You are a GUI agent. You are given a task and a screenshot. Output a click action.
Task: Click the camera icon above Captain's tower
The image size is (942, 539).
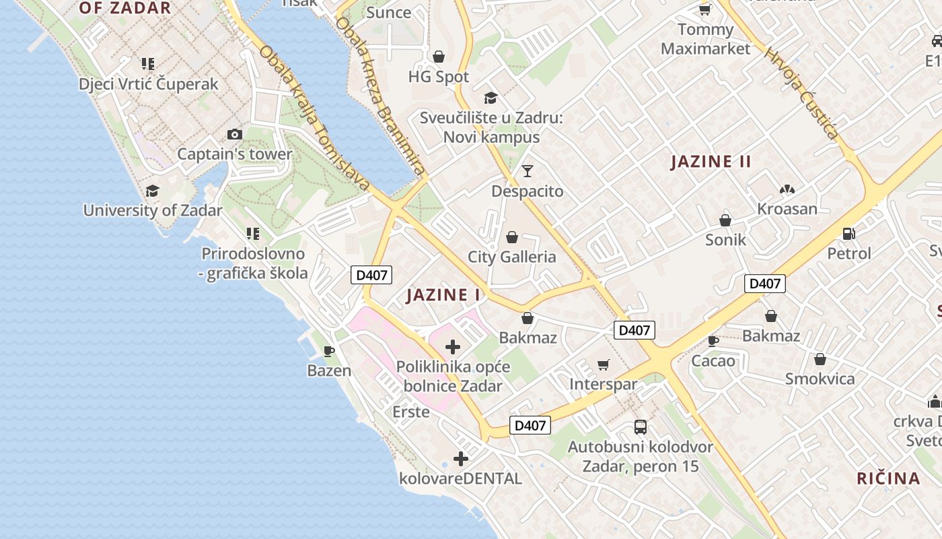click(x=235, y=134)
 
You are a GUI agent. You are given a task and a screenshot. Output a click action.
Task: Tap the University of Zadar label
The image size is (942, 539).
click(x=153, y=210)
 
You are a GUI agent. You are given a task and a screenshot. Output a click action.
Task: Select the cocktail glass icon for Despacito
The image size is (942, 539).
click(x=528, y=170)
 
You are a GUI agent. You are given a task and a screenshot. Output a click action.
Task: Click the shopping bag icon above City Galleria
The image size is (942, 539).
click(x=512, y=237)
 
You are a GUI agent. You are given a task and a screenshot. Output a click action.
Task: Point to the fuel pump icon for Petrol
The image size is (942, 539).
click(x=849, y=234)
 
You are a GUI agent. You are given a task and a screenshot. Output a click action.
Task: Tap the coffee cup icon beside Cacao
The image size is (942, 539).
click(x=713, y=341)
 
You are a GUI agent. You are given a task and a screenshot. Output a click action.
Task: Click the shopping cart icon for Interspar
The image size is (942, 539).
click(x=604, y=364)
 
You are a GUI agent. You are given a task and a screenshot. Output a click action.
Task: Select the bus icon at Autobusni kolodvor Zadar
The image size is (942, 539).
click(x=641, y=426)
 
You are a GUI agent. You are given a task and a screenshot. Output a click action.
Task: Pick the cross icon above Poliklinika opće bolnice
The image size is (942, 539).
click(x=453, y=347)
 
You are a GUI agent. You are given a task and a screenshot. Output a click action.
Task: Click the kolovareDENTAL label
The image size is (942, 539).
click(x=461, y=479)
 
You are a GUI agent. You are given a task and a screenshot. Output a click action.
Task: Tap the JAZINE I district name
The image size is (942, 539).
click(x=443, y=295)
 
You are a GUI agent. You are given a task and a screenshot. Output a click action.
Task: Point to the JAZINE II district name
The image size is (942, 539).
click(x=711, y=162)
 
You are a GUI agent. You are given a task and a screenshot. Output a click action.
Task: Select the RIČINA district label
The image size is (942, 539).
click(x=888, y=478)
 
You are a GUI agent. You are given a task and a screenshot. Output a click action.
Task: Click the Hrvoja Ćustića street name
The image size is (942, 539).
click(x=803, y=94)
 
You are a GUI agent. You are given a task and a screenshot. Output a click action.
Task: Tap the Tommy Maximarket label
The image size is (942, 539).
click(x=705, y=39)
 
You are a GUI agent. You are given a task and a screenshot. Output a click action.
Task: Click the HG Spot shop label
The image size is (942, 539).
click(x=439, y=77)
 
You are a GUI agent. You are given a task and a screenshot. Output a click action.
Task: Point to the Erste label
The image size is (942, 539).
click(x=410, y=412)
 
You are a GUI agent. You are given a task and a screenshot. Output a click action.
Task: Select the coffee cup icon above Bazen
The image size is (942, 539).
click(x=329, y=351)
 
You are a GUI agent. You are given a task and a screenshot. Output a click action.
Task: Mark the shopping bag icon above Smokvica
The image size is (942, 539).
click(x=820, y=359)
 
